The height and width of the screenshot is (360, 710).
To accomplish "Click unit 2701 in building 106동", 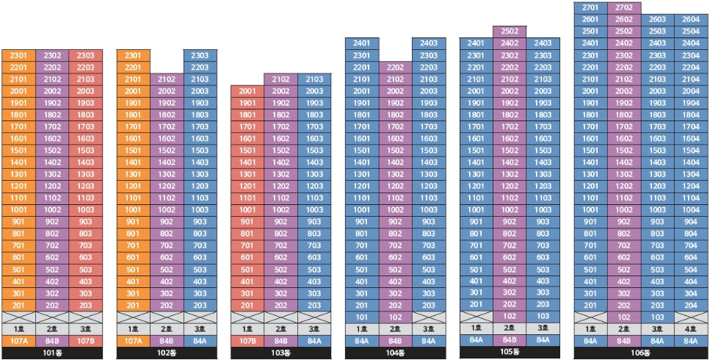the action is point(590,7).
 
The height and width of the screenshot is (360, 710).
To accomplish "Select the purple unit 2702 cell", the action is point(624,7).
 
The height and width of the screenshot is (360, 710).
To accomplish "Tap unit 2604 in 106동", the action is point(691,20).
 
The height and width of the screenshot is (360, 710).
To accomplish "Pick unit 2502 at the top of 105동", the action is point(510,32).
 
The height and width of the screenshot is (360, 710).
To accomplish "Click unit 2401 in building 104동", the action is point(362,43).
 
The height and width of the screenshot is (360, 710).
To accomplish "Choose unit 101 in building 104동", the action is point(362,317).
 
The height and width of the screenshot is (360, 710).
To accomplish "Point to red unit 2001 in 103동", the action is point(247,91).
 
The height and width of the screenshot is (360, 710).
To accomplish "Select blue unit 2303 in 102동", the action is point(200,55).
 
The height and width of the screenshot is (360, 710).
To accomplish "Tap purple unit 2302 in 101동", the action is point(52,55).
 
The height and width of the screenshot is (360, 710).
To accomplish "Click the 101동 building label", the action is point(52,353).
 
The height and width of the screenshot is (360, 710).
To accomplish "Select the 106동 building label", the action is point(641,353).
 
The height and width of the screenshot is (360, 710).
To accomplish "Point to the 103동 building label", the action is point(280,353).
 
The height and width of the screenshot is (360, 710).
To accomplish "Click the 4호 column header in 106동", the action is point(691,329).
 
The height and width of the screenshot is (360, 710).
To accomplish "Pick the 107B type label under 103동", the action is point(247,341).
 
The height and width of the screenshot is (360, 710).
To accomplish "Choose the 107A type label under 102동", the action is point(134,341).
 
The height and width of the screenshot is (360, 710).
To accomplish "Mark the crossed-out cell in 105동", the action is point(476,316).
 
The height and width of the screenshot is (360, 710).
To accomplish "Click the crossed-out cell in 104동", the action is point(429,317).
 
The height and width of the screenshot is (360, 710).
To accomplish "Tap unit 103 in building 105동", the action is point(543,316).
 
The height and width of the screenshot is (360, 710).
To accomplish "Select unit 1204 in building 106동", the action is point(691,186).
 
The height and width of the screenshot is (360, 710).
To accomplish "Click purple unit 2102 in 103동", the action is point(280,79).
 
